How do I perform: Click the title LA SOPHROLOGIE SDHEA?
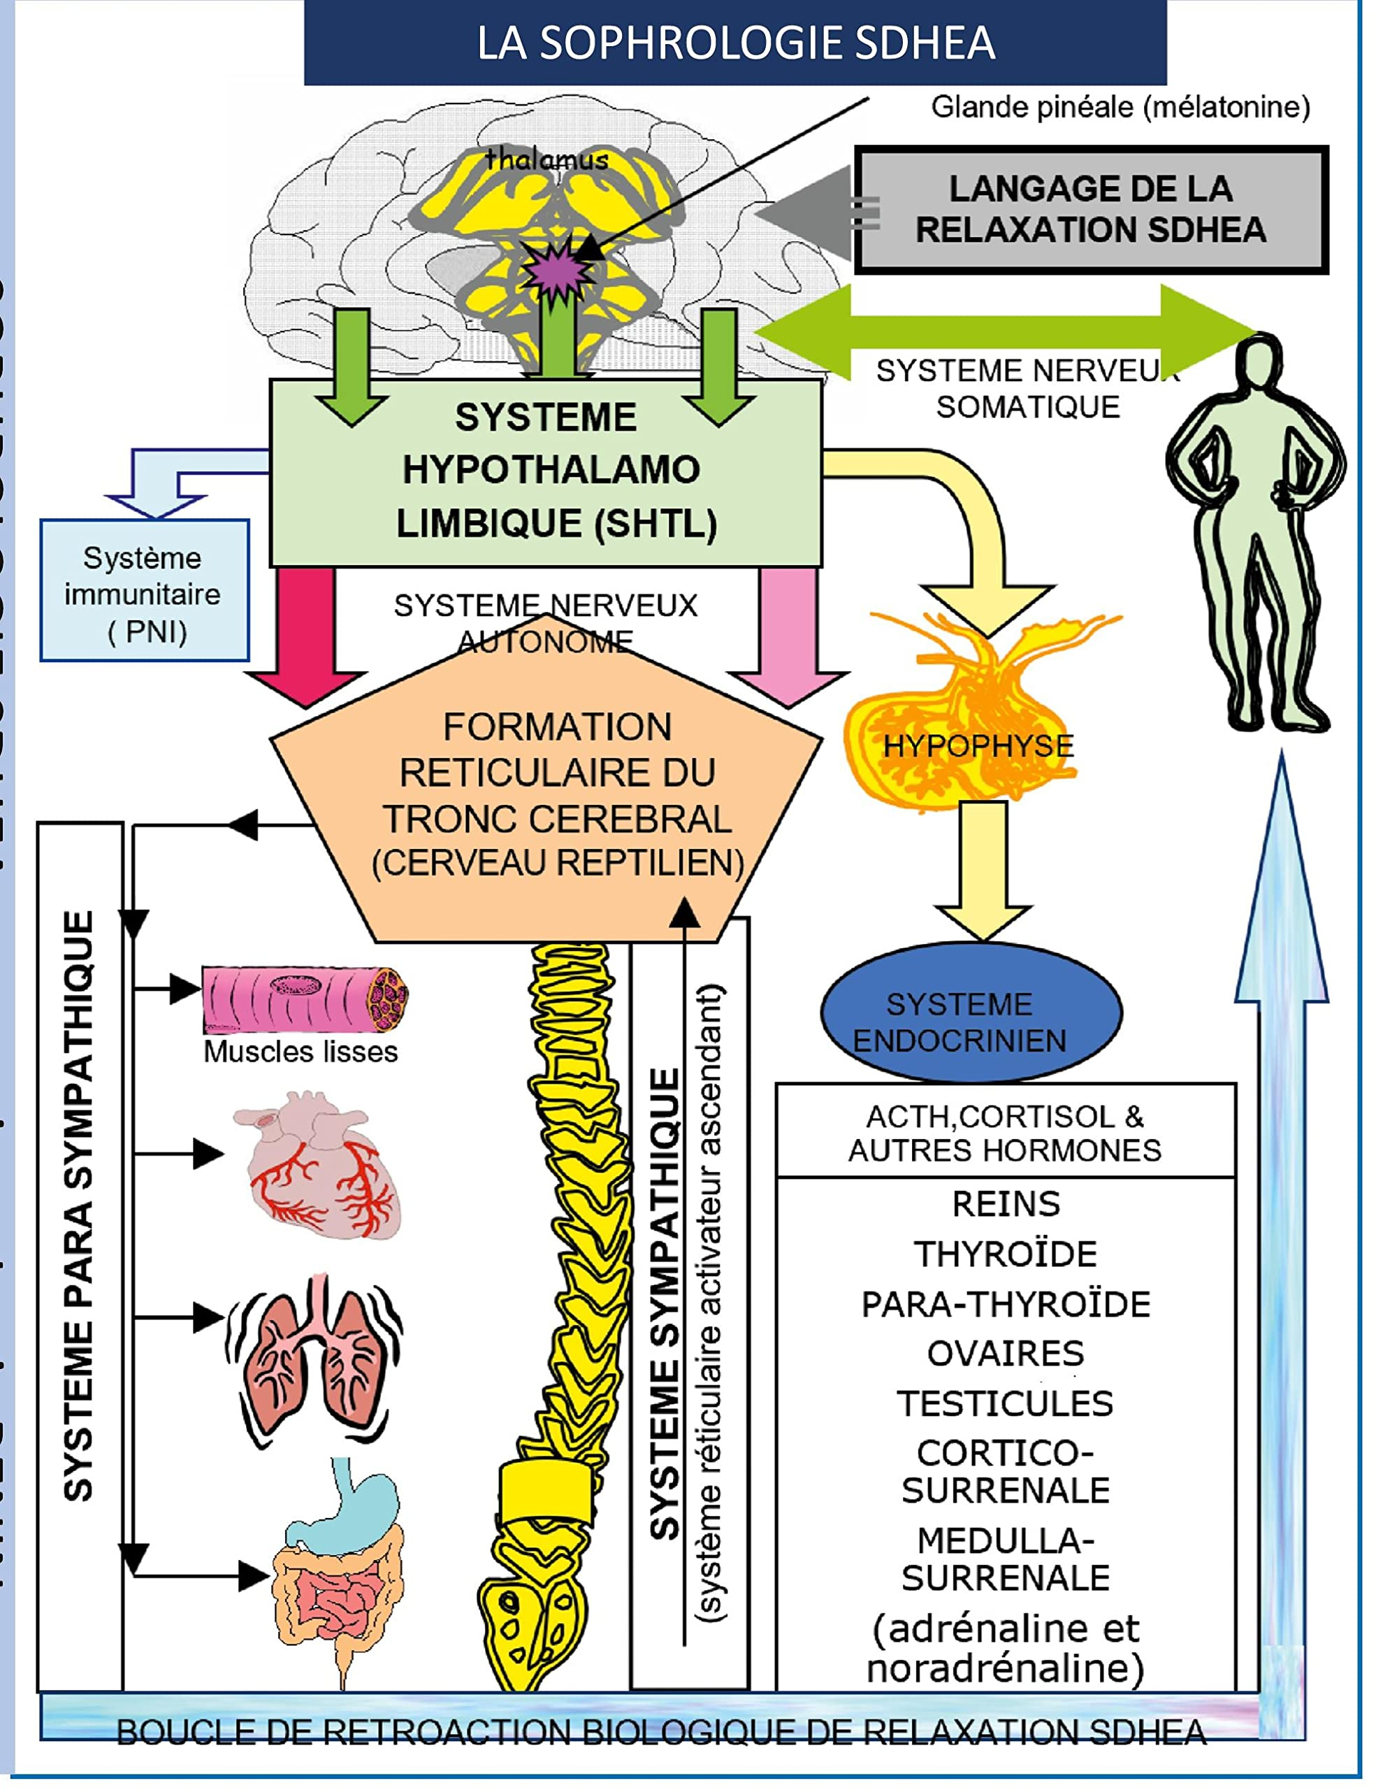point(735,43)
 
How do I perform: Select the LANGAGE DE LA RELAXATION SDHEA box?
point(1090,210)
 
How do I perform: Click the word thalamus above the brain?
point(546,160)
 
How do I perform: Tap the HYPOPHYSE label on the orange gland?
point(978,746)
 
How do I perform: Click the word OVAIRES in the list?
point(1006,1354)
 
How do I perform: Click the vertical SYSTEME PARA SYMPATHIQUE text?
point(79,1205)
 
